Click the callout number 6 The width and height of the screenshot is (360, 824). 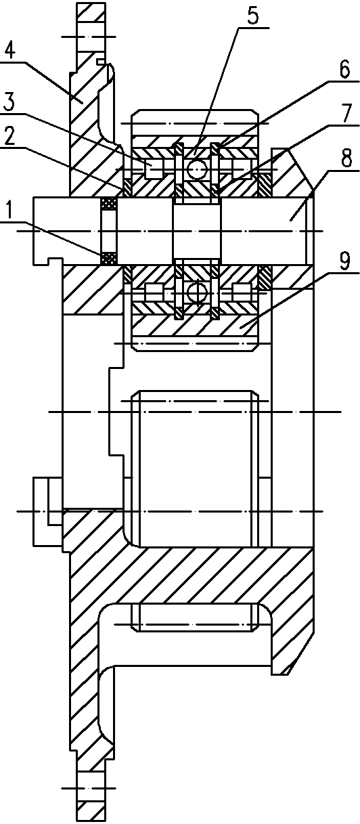point(344,70)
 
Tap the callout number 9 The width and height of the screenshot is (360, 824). point(344,262)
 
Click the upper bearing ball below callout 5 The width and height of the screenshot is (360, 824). point(196,169)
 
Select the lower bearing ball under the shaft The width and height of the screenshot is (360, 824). point(196,293)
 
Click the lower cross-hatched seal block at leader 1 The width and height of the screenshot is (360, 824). point(109,258)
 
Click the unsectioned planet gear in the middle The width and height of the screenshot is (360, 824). point(196,469)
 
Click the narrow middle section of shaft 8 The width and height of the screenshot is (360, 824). point(196,232)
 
